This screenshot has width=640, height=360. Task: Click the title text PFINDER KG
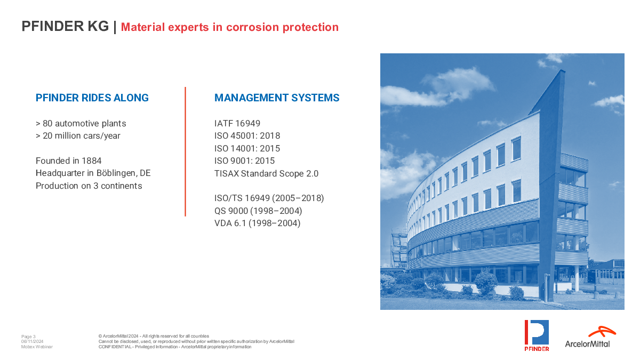tap(65, 26)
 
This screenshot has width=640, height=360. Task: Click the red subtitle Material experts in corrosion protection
tap(230, 27)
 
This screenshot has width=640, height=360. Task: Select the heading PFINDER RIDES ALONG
tap(92, 98)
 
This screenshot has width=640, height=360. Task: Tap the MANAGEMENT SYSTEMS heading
tap(277, 98)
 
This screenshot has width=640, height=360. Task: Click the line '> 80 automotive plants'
tap(81, 123)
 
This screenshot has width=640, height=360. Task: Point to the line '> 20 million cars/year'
tap(78, 135)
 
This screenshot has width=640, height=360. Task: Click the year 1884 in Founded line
tap(91, 161)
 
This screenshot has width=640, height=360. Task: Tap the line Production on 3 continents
tap(89, 186)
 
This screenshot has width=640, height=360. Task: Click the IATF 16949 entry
tap(237, 123)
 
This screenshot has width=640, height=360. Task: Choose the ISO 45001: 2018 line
tap(247, 135)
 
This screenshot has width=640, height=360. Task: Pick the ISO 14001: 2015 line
tap(247, 149)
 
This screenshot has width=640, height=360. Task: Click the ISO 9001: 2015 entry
tap(245, 161)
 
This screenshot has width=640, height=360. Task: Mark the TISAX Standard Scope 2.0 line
tap(266, 173)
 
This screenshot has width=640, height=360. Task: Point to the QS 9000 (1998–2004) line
tap(258, 211)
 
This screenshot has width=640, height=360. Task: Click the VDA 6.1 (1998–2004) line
tap(258, 223)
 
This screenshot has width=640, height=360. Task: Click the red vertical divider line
tap(185, 151)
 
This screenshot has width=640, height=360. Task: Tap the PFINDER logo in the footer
tap(537, 335)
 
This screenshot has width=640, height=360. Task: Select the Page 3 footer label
tap(28, 337)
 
